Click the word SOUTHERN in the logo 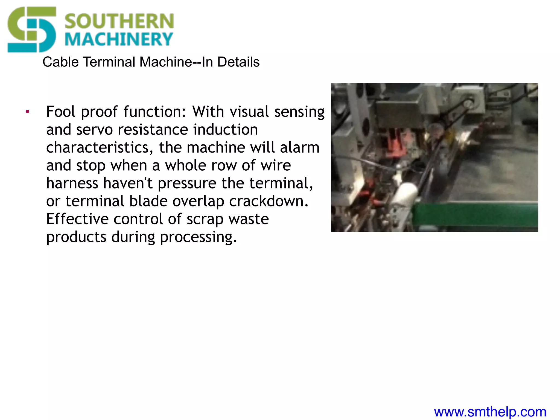(x=119, y=21)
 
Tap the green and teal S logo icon (x=32, y=30)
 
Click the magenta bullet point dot (x=27, y=112)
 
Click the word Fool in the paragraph (x=60, y=112)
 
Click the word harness (x=72, y=183)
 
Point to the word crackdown (x=269, y=201)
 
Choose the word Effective (x=77, y=219)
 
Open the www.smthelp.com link (x=490, y=412)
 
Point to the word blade (x=148, y=201)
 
